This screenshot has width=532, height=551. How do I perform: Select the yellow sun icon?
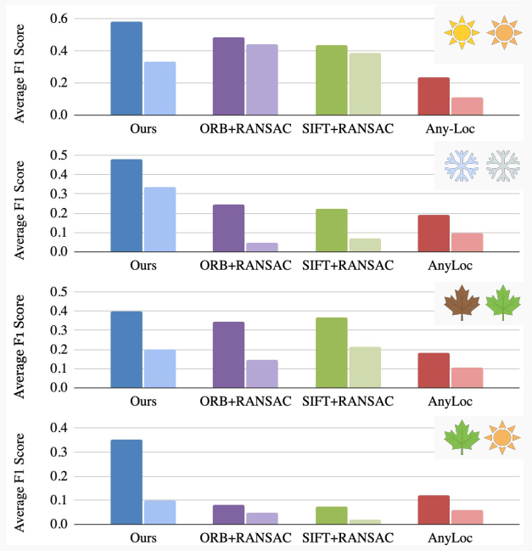point(462,31)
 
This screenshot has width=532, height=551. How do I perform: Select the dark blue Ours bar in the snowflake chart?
point(126,205)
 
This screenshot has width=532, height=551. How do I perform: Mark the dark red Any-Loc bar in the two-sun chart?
point(434,96)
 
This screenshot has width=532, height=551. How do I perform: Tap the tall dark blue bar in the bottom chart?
point(126,481)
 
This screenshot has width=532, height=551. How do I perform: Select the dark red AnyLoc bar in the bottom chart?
point(434,509)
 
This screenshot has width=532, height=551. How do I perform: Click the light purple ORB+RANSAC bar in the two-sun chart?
point(261,79)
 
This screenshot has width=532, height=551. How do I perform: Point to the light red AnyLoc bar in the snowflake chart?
point(467,242)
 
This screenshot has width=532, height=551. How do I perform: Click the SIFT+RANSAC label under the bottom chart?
point(348,538)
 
